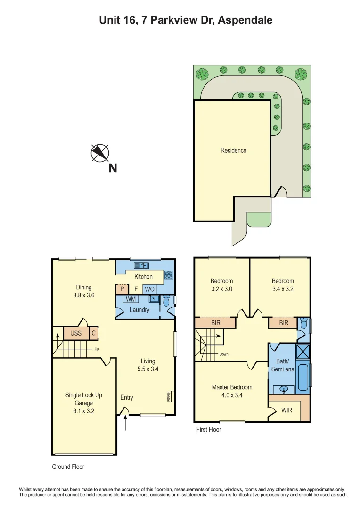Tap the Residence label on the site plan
pyautogui.click(x=233, y=150)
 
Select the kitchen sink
pyautogui.click(x=141, y=265)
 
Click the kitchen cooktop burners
pyautogui.click(x=168, y=275)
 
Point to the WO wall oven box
pyautogui.click(x=149, y=289)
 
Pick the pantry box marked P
pyautogui.click(x=122, y=289)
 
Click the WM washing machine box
pyautogui.click(x=131, y=299)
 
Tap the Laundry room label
pyautogui.click(x=139, y=310)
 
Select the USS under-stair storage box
pyautogui.click(x=76, y=333)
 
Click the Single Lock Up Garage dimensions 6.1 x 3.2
pyautogui.click(x=83, y=410)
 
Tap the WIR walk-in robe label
pyautogui.click(x=286, y=410)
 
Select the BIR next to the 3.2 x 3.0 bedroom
pyautogui.click(x=215, y=323)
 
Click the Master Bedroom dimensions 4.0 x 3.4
pyautogui.click(x=232, y=395)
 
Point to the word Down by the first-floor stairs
pyautogui.click(x=223, y=353)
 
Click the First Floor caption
pyautogui.click(x=208, y=429)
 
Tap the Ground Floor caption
pyautogui.click(x=68, y=467)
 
